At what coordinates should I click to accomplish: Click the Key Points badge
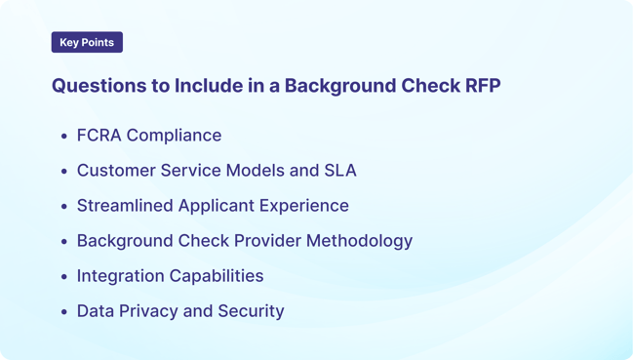87,43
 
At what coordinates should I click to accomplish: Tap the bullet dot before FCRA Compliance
64,137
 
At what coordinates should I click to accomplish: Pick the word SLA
340,171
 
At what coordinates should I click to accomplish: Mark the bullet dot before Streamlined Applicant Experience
64,207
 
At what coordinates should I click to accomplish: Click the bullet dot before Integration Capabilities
64,277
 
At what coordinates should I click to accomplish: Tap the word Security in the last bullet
252,311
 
